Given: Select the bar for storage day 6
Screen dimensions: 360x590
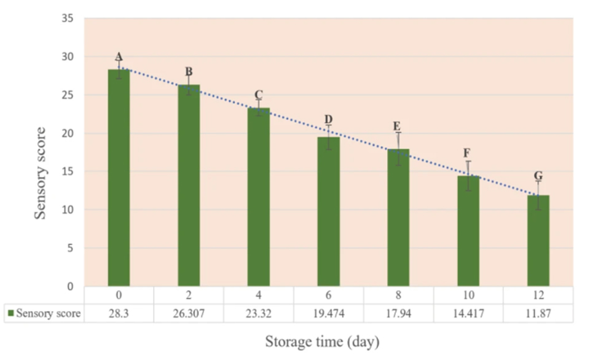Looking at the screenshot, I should coord(329,211).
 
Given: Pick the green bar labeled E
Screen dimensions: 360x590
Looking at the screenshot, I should coord(398,217).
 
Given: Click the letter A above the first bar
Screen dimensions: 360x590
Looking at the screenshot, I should coord(119,57).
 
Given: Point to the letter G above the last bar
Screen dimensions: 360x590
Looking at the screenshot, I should coord(538,176).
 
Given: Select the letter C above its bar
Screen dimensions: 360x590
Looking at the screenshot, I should coord(259,95).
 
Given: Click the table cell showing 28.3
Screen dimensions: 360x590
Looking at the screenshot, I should coord(119,314).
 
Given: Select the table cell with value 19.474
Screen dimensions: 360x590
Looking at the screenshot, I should coord(329,314).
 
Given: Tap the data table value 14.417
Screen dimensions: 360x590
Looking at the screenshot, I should coord(468,314).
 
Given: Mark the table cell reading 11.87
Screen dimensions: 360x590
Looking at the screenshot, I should coord(538,314).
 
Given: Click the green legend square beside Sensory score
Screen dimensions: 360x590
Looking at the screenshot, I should coord(10,314).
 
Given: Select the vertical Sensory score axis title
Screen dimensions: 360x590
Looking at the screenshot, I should coord(41,173).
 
